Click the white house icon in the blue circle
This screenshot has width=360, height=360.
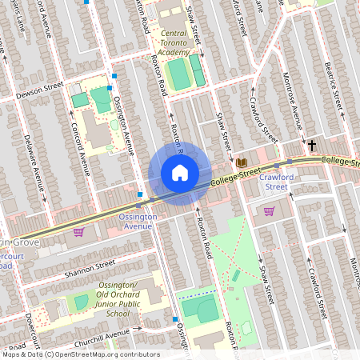click(180, 172)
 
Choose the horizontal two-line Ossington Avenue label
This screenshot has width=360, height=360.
click(135, 221)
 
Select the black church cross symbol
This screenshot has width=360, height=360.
click(312, 146)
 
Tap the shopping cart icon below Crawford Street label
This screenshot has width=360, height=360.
click(270, 211)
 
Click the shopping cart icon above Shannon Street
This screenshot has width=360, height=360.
click(78, 232)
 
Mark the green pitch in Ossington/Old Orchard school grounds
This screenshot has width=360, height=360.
click(81, 303)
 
